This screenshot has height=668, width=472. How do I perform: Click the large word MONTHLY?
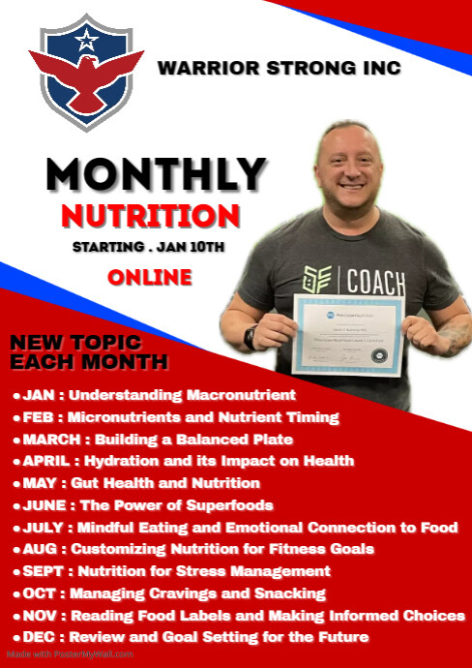coord(156,174)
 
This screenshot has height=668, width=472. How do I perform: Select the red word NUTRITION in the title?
coord(149,215)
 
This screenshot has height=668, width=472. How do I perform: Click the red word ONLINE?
coord(149,278)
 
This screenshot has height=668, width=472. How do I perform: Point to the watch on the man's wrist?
coord(251,337)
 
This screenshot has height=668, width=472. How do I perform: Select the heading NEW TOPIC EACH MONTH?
coord(89,353)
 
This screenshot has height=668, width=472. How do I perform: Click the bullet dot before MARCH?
coord(16,440)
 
